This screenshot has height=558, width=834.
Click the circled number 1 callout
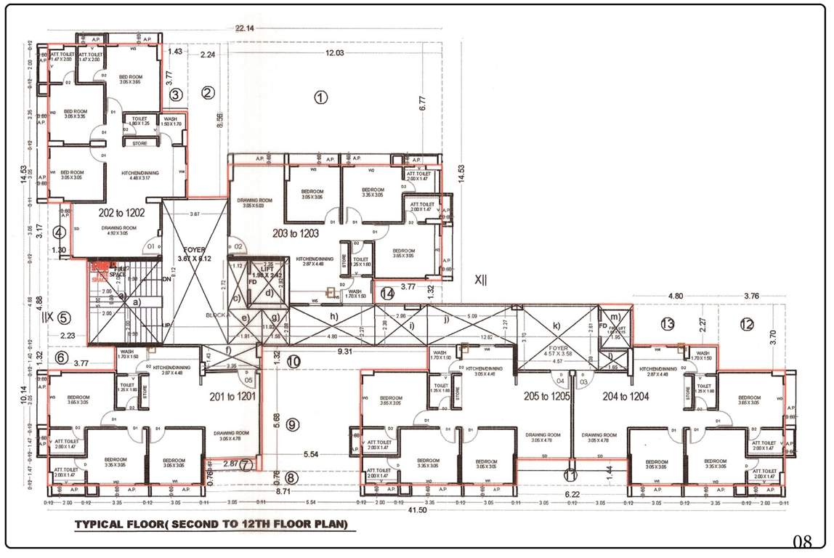320,97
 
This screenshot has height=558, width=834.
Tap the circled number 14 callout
387,294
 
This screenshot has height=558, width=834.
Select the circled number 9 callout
292,426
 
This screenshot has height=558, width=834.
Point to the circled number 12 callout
747,325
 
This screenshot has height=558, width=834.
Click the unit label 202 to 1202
125,213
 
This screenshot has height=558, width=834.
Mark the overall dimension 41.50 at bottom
416,512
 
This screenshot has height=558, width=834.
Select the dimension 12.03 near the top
335,53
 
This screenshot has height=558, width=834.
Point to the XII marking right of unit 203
481,279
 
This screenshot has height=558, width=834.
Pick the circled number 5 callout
64,318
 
